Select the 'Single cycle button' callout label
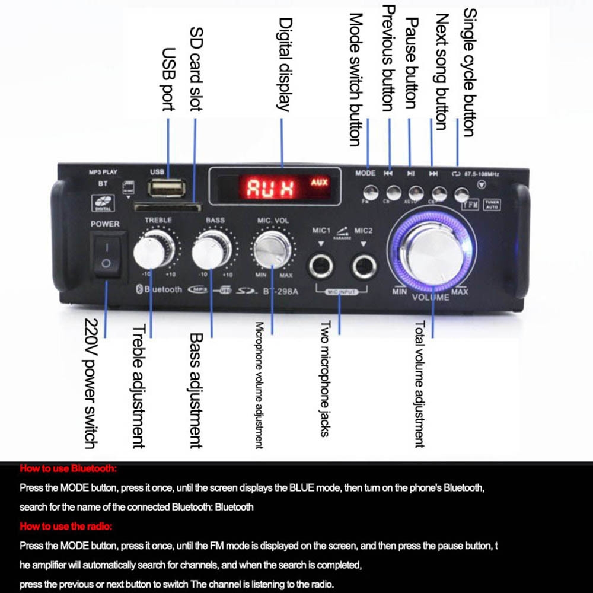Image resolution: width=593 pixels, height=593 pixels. pyautogui.click(x=469, y=72)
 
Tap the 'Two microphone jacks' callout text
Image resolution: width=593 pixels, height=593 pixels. pyautogui.click(x=324, y=379)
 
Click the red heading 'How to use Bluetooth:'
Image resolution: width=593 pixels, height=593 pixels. pyautogui.click(x=69, y=468)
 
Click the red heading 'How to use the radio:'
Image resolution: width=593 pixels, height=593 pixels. pyautogui.click(x=66, y=526)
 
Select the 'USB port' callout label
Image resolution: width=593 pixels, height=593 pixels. pyautogui.click(x=168, y=79)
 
